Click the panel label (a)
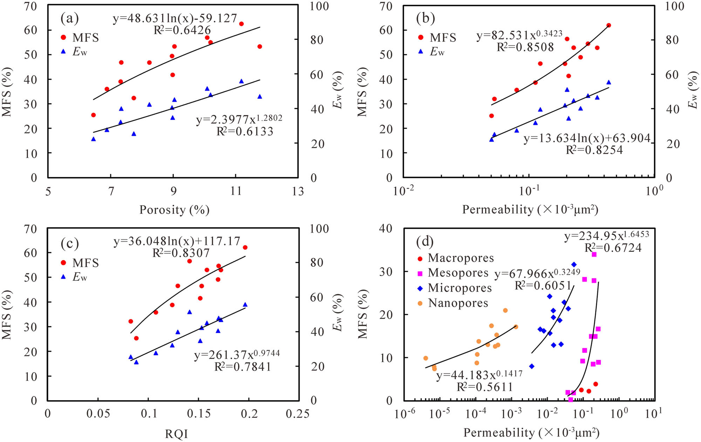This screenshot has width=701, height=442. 69,19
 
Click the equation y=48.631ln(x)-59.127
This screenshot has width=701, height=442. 175,18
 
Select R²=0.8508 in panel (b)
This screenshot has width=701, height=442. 525,47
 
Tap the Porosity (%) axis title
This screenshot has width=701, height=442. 174,210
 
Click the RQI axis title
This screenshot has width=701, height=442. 176,434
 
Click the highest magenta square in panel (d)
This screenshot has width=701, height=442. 594,254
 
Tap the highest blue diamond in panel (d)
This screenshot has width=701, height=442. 574,264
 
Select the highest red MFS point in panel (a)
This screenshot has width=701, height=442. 241,24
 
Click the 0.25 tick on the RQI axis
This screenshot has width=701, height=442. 298,414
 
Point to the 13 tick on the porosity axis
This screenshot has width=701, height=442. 298,191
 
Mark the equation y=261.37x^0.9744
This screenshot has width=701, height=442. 237,355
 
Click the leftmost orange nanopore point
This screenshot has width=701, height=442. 426,358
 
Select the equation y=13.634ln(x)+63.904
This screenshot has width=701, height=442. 587,138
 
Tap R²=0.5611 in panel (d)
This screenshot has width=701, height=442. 484,387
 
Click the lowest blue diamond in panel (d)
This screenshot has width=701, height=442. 532,366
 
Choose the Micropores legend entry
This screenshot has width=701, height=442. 460,288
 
